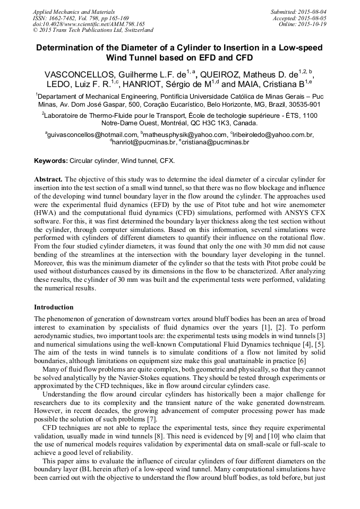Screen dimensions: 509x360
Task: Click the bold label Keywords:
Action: click(x=50, y=160)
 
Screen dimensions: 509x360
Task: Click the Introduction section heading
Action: click(x=54, y=307)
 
